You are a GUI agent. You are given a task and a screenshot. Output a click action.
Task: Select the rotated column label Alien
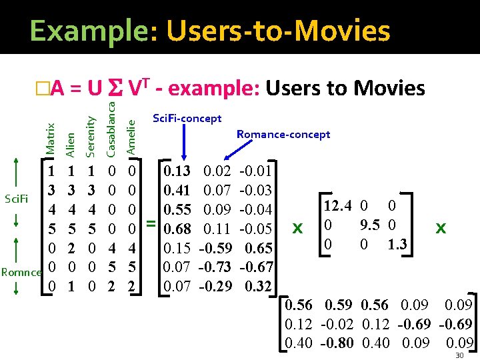coord(71,143)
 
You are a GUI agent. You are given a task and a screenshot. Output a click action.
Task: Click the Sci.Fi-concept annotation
coord(187,119)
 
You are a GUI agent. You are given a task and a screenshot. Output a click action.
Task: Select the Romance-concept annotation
coord(283,135)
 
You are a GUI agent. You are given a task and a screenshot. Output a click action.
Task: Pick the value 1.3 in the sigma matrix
coord(399,244)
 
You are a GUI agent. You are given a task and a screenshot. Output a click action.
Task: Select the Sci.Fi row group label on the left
coord(15,198)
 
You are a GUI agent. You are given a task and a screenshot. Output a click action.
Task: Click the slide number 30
coord(459,356)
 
